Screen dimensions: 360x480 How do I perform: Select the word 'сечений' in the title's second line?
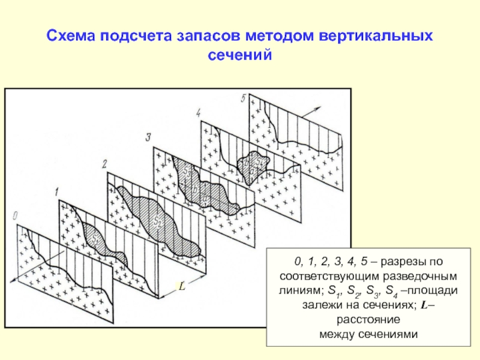pos(240,55)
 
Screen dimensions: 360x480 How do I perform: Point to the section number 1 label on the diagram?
pos(55,192)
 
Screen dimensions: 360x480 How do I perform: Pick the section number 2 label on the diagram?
pos(104,163)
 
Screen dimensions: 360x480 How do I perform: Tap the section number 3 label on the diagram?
pos(147,137)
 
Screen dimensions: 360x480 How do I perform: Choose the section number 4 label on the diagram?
pos(198,112)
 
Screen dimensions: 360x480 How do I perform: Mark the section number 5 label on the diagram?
pos(243,97)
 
